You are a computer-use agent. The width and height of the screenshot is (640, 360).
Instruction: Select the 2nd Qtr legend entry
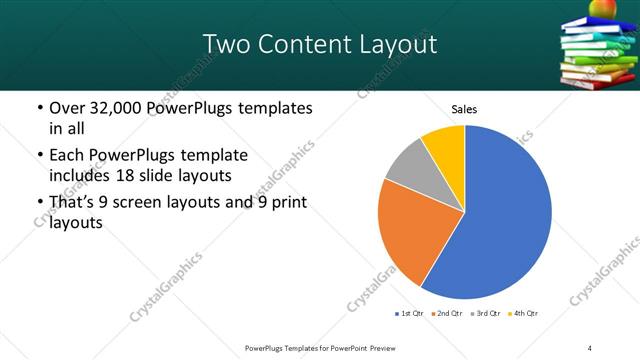click(445, 314)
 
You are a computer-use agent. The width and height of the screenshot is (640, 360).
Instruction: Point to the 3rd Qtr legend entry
click(484, 314)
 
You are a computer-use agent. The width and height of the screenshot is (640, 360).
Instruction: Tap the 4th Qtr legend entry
click(522, 314)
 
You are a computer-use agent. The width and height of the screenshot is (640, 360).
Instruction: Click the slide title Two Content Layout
click(319, 44)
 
